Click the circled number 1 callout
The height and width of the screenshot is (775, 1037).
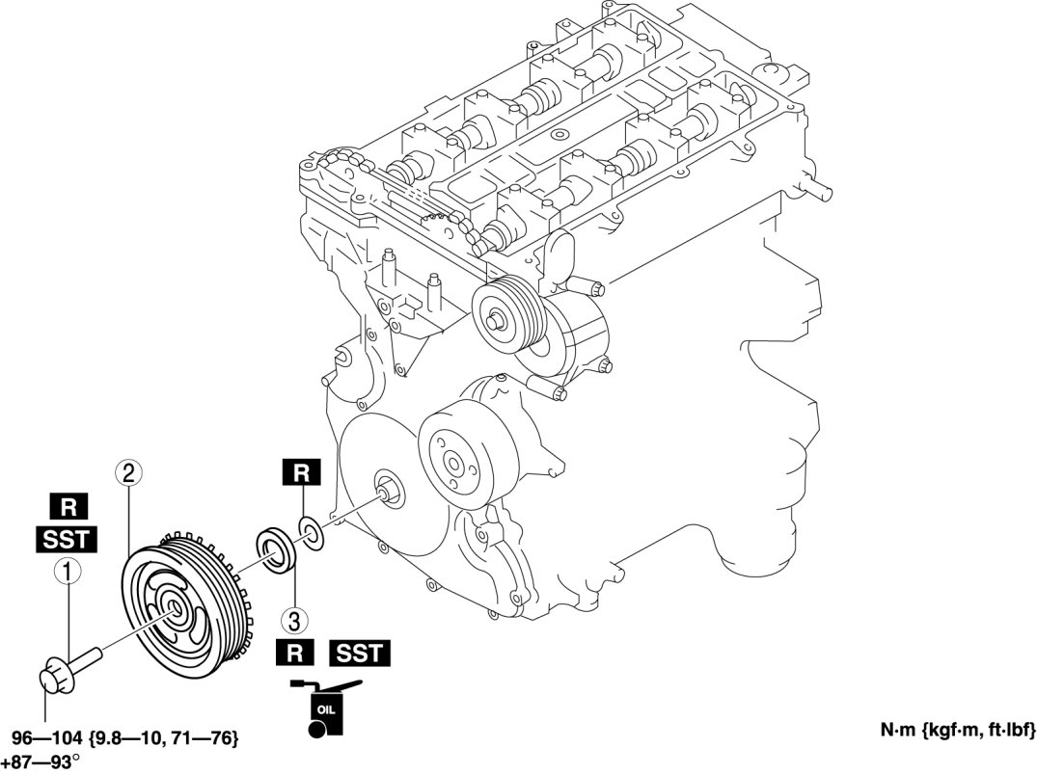pyautogui.click(x=67, y=573)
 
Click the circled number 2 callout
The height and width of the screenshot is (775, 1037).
pyautogui.click(x=129, y=472)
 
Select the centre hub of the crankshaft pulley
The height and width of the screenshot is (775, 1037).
pyautogui.click(x=173, y=607)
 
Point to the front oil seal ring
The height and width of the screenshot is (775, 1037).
pyautogui.click(x=274, y=549)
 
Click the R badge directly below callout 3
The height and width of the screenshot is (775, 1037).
pyautogui.click(x=295, y=653)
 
